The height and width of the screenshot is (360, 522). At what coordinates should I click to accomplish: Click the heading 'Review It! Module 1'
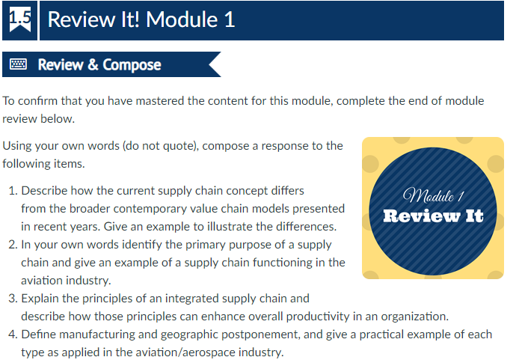[141, 19]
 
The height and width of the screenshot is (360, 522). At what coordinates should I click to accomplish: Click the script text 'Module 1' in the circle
[434, 198]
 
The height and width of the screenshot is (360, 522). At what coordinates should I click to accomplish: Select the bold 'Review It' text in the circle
[433, 217]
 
